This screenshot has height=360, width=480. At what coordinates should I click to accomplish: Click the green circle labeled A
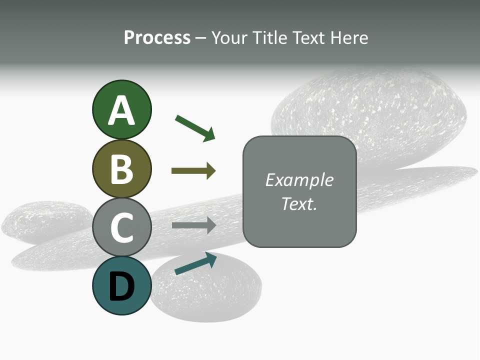tap(121, 109)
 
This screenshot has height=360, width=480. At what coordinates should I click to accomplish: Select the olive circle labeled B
tap(121, 168)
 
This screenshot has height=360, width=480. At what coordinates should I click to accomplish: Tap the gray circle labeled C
tap(121, 227)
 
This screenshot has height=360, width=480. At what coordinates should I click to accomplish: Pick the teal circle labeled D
tap(121, 285)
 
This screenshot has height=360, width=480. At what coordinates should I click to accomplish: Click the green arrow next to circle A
tap(195, 128)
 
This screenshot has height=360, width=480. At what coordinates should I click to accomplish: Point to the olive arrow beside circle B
tap(193, 171)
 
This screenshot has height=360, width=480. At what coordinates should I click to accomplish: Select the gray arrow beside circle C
tap(193, 225)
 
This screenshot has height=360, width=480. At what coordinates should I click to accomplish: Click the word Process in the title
tap(157, 38)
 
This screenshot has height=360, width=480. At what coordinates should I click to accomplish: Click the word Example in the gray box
tap(299, 180)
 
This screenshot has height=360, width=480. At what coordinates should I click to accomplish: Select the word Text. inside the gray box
tap(299, 204)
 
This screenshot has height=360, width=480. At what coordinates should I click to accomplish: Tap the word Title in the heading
tap(270, 38)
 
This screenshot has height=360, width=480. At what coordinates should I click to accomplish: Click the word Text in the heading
tap(310, 38)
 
